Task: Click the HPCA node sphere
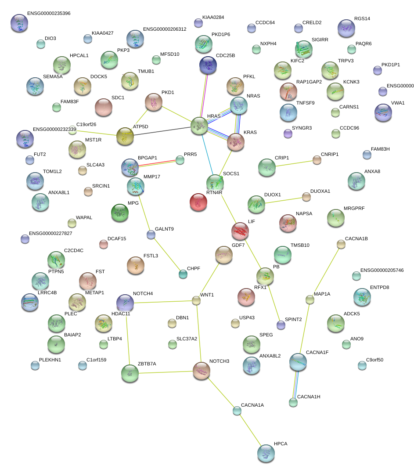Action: click(266, 453)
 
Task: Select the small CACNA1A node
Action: click(237, 411)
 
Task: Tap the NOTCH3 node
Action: click(202, 371)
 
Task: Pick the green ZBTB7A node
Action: click(130, 373)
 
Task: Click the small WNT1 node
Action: click(196, 300)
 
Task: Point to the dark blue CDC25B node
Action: click(208, 65)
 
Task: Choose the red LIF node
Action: click(240, 231)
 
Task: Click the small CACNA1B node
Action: click(341, 244)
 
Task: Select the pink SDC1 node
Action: click(104, 107)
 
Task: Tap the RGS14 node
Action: click(346, 28)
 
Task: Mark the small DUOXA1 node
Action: click(306, 197)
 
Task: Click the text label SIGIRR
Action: click(320, 40)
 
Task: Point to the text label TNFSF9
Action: click(306, 103)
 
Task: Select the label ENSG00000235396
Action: click(48, 14)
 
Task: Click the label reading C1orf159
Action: click(97, 360)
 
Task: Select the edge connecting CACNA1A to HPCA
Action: click(251, 432)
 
